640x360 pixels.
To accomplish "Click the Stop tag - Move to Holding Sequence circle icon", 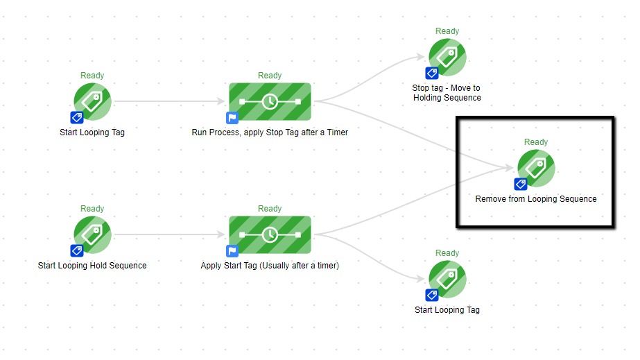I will click(448, 57).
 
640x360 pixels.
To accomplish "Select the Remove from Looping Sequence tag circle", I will click(536, 168).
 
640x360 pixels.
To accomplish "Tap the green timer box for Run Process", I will click(270, 101).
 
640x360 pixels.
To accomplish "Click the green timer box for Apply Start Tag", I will click(270, 234).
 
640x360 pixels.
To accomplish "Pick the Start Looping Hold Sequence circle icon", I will click(92, 234).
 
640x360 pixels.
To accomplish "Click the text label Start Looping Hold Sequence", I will click(92, 265).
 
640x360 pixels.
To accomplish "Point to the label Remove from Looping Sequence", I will click(536, 199).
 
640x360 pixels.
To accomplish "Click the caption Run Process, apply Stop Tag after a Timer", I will click(270, 132).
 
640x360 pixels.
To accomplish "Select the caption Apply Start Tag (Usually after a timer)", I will click(270, 265).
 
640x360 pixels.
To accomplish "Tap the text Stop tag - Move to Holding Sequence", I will click(447, 93).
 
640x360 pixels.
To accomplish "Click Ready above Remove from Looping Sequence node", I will click(536, 142).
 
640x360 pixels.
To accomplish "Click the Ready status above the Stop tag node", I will click(447, 31).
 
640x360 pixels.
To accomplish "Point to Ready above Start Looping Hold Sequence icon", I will click(92, 209).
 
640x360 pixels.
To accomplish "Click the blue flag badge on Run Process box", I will click(232, 118).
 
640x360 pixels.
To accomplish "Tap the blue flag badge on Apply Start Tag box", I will click(232, 251).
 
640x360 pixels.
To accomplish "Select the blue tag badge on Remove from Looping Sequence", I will click(520, 185).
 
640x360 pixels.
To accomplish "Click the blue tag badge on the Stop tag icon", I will click(431, 73).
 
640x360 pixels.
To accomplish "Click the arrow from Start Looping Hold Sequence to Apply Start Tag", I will click(170, 234).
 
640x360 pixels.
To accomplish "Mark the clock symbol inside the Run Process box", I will click(270, 101).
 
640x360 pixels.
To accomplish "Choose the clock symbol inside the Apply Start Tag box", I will click(270, 234).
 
